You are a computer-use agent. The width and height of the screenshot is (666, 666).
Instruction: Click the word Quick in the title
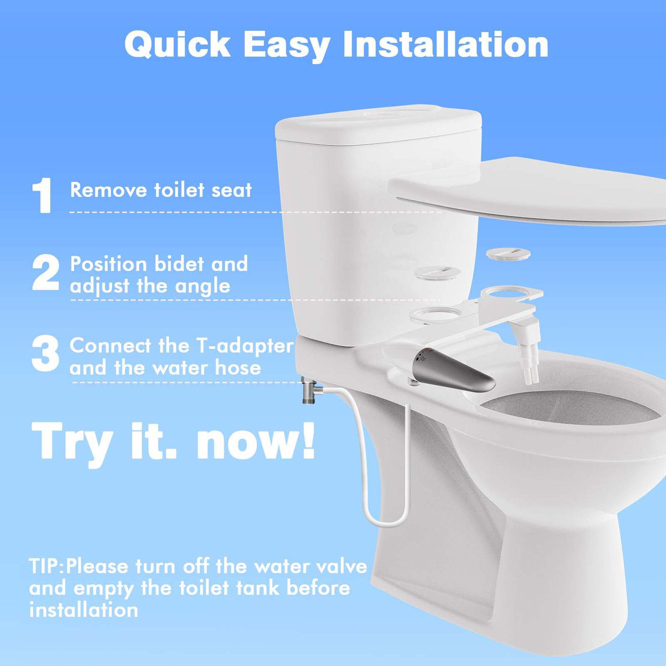pos(177,45)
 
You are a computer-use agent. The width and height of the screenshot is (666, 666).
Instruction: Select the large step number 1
pos(42,195)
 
